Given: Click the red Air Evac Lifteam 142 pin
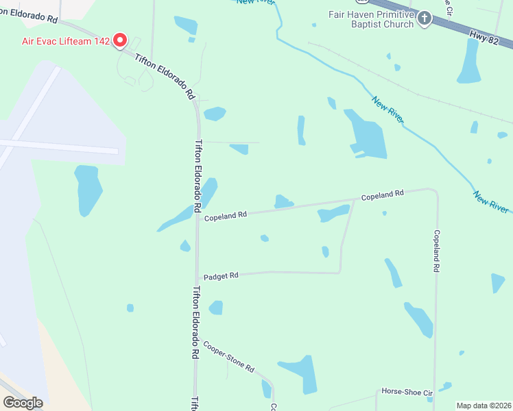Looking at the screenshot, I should tap(121, 40).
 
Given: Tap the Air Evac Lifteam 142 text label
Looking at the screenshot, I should tap(66, 41).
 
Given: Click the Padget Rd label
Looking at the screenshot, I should tap(221, 275).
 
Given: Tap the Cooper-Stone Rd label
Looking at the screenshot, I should tap(228, 358).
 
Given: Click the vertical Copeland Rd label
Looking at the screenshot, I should tap(436, 251).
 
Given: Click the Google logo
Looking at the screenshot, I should tap(23, 402).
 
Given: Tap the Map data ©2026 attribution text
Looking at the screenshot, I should tap(484, 406).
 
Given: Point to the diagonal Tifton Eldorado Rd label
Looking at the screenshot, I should tap(165, 77).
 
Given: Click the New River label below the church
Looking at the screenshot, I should tap(388, 110).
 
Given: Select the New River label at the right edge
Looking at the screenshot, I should tap(490, 201).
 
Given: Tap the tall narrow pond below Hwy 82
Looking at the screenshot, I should tap(470, 62).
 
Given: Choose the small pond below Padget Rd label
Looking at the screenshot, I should tap(216, 308).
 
